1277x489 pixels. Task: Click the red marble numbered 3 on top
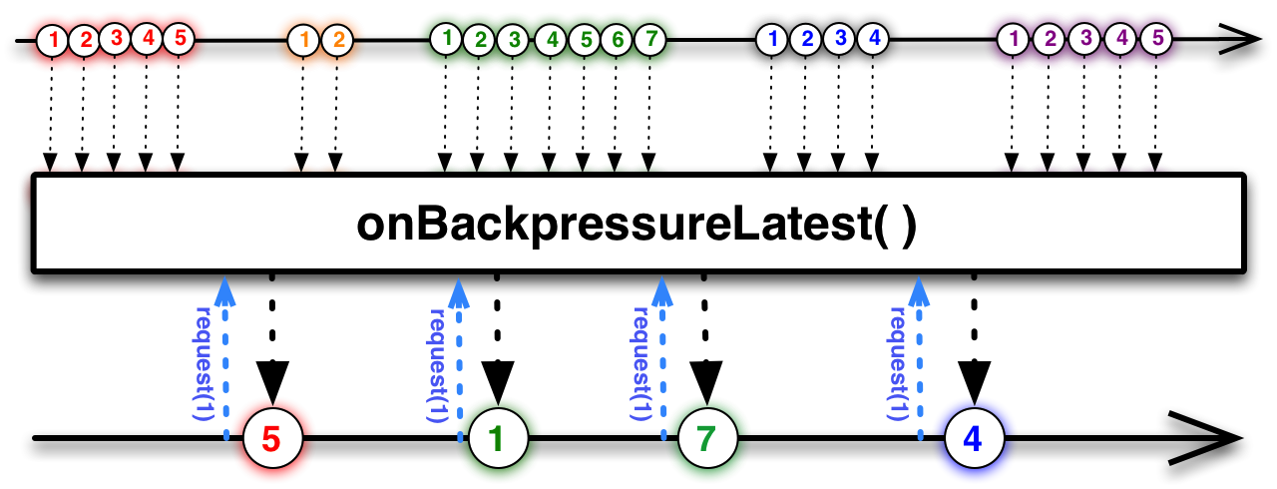116,39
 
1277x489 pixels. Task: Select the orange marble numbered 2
338,40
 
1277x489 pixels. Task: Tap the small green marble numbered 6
618,39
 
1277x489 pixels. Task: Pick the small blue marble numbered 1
772,39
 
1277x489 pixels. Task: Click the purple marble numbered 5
1157,39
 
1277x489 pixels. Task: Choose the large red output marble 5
272,438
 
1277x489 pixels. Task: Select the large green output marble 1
498,438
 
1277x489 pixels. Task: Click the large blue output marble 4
974,438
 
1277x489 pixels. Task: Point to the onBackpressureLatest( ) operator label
637,225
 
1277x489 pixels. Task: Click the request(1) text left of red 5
204,363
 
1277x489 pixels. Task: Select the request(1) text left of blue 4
897,363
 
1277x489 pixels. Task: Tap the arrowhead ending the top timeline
1239,39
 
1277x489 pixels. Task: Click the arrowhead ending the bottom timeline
1208,438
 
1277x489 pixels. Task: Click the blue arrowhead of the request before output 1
459,293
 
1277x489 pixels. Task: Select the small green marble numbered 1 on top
447,39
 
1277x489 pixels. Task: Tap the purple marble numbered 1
1013,39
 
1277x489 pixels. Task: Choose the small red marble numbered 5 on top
180,39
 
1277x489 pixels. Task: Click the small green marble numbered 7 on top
650,39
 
